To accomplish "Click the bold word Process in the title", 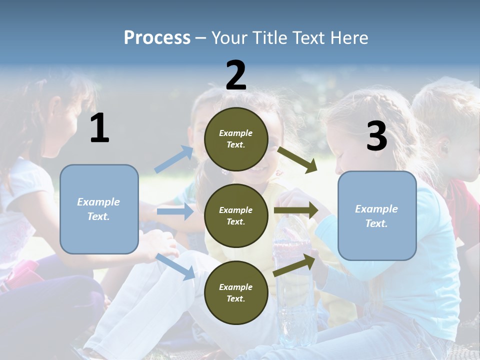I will [x=157, y=37].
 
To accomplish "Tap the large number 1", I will [x=99, y=128].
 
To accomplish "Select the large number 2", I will [x=236, y=75].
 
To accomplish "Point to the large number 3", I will [x=376, y=136].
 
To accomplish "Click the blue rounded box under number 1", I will [x=99, y=209].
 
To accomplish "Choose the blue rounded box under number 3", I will [x=377, y=215].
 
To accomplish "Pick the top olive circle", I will [x=236, y=139].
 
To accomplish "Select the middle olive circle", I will [x=236, y=215].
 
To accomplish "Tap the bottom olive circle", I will [x=236, y=292].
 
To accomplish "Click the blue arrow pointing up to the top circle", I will [x=174, y=159].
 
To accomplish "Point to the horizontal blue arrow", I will [x=175, y=211].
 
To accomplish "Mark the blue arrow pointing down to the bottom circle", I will [x=175, y=266].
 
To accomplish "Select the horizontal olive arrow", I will [x=296, y=210].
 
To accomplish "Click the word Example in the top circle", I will [x=236, y=133].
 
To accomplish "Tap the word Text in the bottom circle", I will [x=235, y=298].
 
